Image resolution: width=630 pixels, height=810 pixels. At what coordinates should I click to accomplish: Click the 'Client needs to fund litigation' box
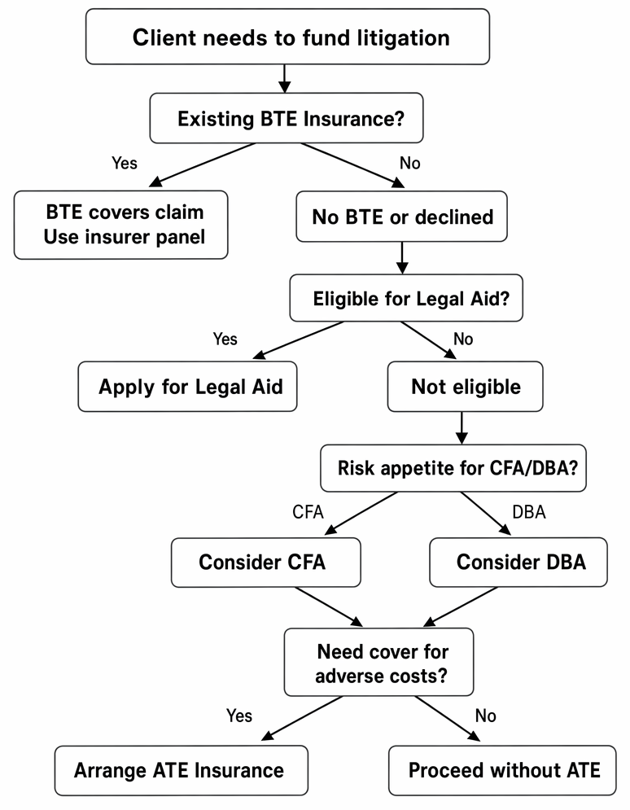[287, 37]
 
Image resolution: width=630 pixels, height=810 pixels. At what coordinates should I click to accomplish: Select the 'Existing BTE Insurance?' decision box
[287, 118]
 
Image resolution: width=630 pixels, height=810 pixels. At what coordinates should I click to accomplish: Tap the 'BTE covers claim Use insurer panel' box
[120, 225]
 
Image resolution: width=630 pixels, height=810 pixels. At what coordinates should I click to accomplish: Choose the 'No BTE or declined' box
[402, 217]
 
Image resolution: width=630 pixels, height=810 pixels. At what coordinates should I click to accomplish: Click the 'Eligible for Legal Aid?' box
[406, 298]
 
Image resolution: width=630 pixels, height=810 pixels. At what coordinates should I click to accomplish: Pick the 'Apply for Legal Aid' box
[187, 387]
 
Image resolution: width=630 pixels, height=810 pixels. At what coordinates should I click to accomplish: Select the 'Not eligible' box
[466, 387]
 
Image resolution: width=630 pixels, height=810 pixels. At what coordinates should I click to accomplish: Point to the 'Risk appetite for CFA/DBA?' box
[453, 468]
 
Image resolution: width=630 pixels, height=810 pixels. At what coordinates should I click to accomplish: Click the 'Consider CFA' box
[266, 562]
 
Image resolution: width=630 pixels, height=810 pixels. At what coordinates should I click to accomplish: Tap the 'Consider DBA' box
[518, 562]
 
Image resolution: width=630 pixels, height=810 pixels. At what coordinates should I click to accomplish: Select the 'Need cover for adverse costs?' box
[379, 663]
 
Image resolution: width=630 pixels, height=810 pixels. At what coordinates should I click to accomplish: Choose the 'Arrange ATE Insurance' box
[182, 770]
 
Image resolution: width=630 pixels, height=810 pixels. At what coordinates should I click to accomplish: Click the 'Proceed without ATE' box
[502, 770]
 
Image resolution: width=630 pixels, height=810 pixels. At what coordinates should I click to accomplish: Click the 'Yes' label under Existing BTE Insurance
[125, 164]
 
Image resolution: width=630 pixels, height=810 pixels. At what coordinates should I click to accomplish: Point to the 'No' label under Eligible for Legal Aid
[463, 339]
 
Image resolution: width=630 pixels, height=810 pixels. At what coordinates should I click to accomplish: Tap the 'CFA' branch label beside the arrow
[308, 512]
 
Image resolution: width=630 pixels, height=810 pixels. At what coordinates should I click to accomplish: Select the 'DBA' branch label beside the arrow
[529, 512]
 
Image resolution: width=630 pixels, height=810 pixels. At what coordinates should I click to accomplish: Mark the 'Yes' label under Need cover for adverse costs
[239, 716]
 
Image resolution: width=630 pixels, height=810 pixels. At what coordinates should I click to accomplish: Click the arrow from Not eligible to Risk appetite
[462, 427]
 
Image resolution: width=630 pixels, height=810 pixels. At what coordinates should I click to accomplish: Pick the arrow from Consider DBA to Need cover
[461, 607]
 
